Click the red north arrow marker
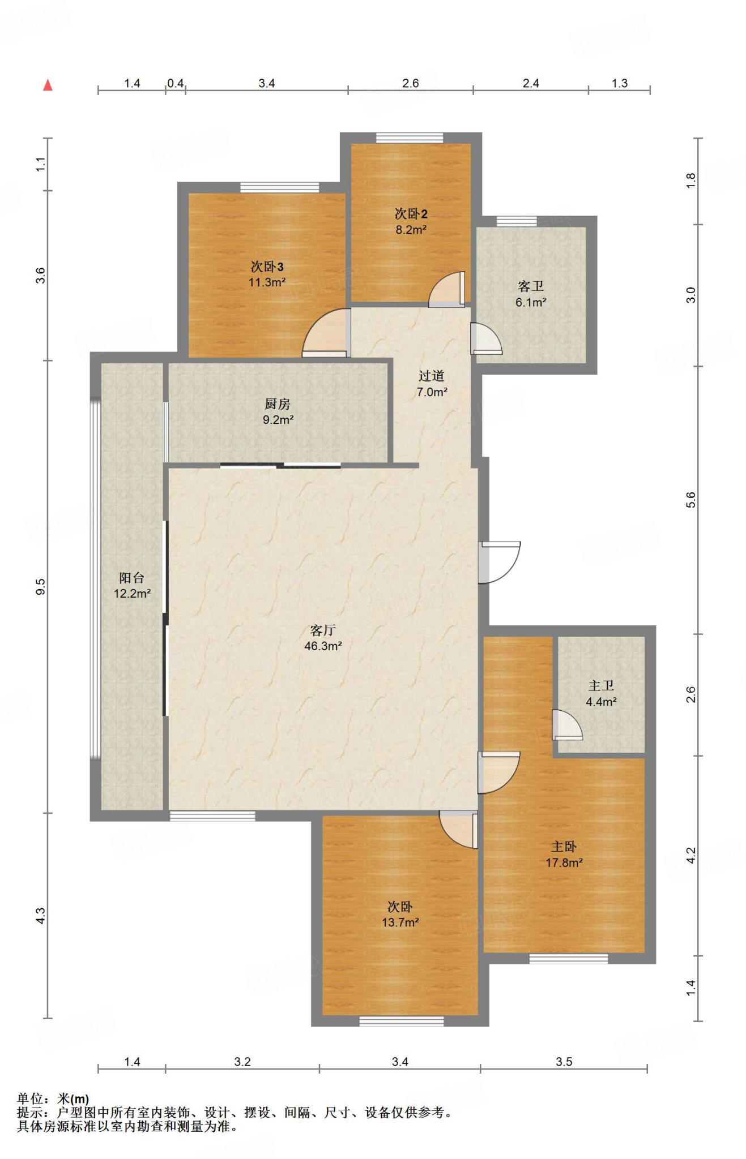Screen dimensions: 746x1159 pos(48,85)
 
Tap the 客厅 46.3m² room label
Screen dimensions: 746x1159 pos(323,638)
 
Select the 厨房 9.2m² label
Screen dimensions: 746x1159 pos(278,411)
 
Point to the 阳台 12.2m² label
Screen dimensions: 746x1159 pos(132,585)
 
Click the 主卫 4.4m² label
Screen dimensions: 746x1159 pos(601,693)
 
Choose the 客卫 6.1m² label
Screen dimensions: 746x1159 pos(531,294)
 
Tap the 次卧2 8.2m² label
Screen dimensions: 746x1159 pos(411,221)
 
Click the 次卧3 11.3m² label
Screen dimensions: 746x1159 pos(267,274)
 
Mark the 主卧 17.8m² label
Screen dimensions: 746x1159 pos(564,854)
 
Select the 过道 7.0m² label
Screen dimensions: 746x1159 pos(432,383)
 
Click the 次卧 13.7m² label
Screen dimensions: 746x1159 pos(400,914)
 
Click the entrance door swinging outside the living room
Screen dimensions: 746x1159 pos(499,562)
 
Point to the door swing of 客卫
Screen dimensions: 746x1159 pos(486,338)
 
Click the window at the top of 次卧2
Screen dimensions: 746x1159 pos(410,138)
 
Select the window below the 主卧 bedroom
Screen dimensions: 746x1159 pos(569,959)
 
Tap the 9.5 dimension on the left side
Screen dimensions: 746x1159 pos(40,586)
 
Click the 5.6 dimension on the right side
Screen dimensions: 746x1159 pos(690,500)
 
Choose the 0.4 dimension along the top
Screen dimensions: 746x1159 pos(176,83)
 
